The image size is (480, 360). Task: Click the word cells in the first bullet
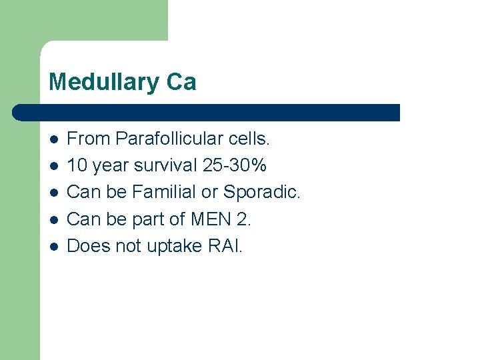click(249, 139)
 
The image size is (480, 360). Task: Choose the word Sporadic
click(262, 192)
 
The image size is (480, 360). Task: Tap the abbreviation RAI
click(225, 246)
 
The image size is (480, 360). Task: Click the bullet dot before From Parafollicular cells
click(53, 139)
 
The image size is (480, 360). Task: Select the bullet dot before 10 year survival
click(53, 166)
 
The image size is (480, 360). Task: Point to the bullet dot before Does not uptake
click(53, 247)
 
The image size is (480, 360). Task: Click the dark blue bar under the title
click(207, 112)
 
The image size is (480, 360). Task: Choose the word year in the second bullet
click(110, 165)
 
